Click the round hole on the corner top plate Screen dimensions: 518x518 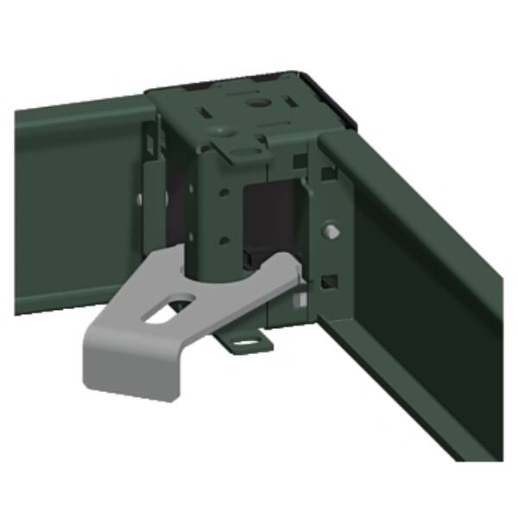[x=256, y=102]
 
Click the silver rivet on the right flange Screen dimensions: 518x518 [x=332, y=231]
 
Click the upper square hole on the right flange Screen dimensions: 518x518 [x=329, y=174]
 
